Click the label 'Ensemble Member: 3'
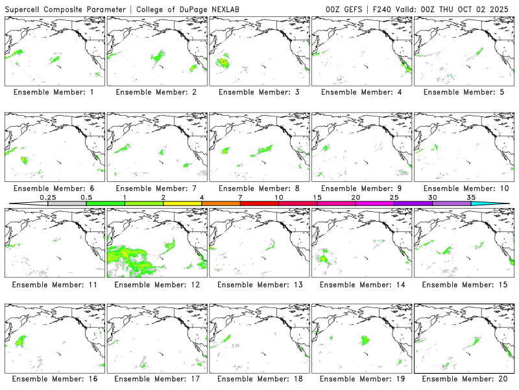pyautogui.click(x=259, y=92)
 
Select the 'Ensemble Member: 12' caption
pyautogui.click(x=157, y=285)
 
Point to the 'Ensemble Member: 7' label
pyautogui.click(x=157, y=188)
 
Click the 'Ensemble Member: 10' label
pyautogui.click(x=465, y=188)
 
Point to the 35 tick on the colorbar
pyautogui.click(x=471, y=197)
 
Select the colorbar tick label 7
pyautogui.click(x=240, y=197)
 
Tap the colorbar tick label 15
pyautogui.click(x=317, y=197)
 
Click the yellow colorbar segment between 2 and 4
pyautogui.click(x=182, y=203)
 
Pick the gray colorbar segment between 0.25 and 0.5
pyautogui.click(x=67, y=203)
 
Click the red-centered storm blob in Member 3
pyautogui.click(x=223, y=62)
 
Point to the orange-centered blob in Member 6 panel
pyautogui.click(x=24, y=159)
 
